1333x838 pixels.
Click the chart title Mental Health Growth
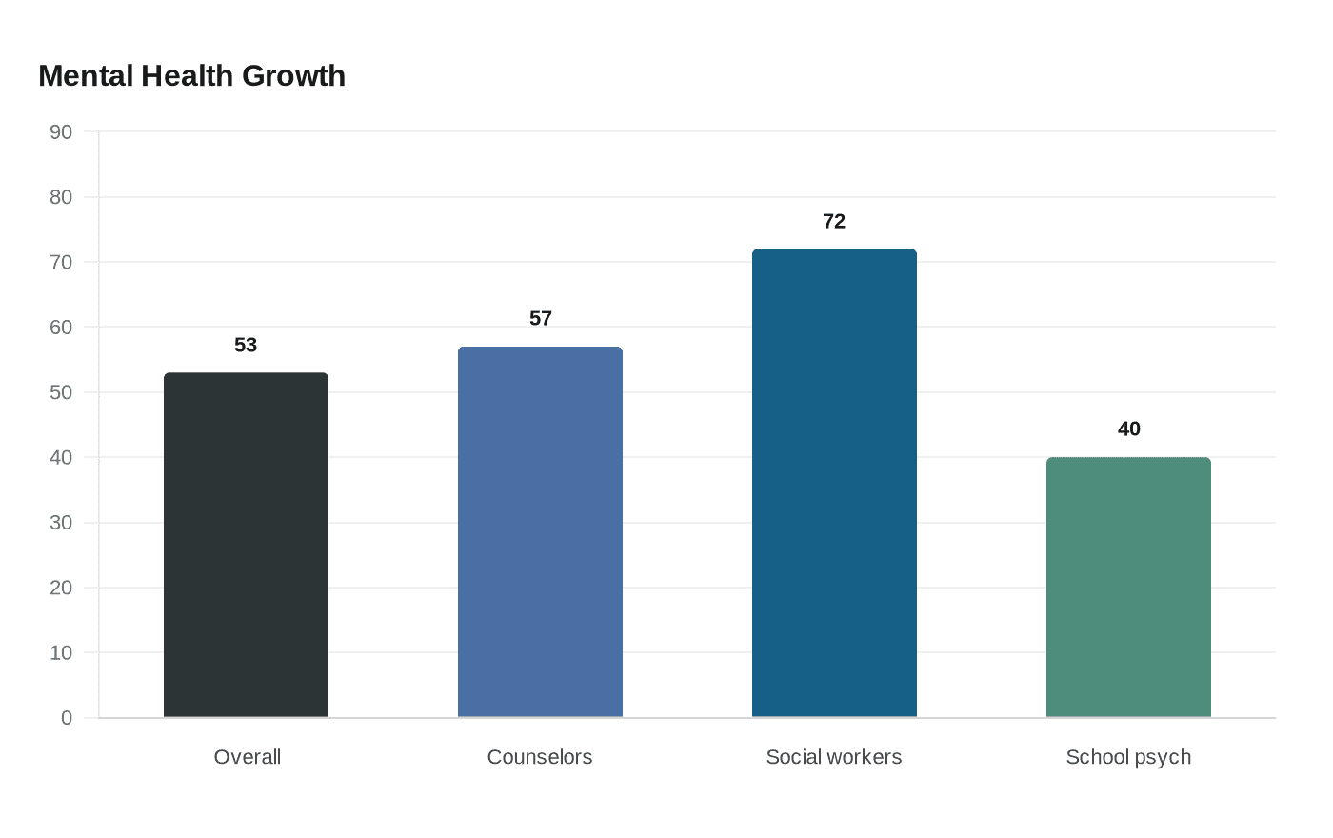click(191, 76)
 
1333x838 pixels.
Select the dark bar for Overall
click(246, 545)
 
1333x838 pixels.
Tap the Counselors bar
click(540, 531)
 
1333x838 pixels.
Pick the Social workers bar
click(834, 483)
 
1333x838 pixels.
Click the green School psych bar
click(1128, 587)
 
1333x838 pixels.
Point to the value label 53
click(246, 345)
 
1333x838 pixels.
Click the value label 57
click(540, 318)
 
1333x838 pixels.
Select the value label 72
click(834, 221)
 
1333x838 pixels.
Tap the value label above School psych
click(1128, 429)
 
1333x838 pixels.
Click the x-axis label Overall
click(247, 757)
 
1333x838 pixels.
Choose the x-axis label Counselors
click(540, 757)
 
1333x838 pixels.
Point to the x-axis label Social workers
click(834, 757)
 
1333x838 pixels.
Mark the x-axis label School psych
click(1128, 757)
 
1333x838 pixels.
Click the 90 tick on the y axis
click(61, 132)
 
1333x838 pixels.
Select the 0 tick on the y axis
click(67, 718)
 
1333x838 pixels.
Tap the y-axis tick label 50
click(61, 392)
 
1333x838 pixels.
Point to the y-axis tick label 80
click(61, 197)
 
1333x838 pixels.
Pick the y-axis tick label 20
click(61, 588)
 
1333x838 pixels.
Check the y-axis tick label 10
click(61, 652)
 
